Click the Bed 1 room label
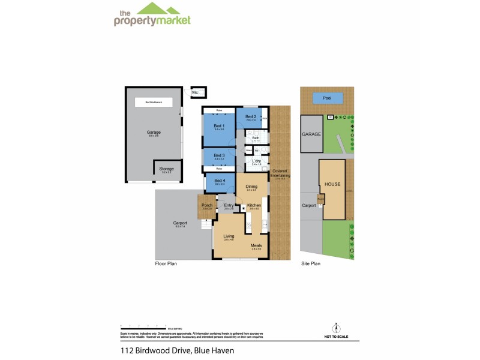pos(219,125)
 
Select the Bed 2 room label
pos(251,116)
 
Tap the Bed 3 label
pos(219,155)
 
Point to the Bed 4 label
pos(219,181)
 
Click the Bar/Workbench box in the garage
pos(152,103)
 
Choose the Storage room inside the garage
pos(166,169)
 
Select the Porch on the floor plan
pos(207,206)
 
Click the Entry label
pos(229,206)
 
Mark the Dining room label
pos(251,187)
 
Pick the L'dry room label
pos(256,161)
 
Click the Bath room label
pos(256,138)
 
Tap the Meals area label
pos(256,245)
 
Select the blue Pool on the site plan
pos(327,97)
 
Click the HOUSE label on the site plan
pos(332,184)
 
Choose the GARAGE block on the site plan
pos(312,134)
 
